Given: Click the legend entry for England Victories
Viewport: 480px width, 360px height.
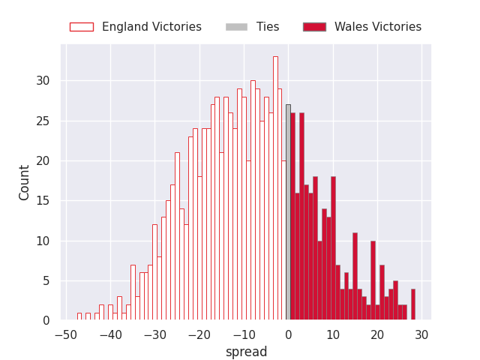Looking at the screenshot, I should pos(151,27).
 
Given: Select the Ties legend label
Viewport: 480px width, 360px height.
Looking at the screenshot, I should pos(268,27).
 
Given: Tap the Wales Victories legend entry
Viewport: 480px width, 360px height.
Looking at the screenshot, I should pos(377,27).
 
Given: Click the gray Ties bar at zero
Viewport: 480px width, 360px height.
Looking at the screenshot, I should pos(288,217).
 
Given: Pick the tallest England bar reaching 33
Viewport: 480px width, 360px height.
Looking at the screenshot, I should pos(275,187).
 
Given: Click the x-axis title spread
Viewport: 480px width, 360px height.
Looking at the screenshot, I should pos(246,352).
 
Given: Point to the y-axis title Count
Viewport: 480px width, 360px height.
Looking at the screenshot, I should pos(25,182).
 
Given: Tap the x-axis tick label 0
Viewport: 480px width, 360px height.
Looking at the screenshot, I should pos(288,334).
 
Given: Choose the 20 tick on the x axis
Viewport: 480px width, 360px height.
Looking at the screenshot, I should pos(377,334).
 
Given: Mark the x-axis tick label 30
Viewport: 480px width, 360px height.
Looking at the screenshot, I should pos(421,334).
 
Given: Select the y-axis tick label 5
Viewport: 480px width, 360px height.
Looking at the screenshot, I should pos(46,281).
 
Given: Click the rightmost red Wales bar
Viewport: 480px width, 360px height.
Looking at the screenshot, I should pos(412,304).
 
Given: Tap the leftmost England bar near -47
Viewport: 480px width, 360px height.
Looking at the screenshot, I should pos(79,316).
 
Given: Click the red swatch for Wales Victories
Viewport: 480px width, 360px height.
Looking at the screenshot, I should pos(314,27).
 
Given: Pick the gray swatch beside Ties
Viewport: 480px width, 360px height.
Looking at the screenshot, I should pos(236,27).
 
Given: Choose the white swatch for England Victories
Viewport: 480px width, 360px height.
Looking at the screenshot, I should pos(82,27).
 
